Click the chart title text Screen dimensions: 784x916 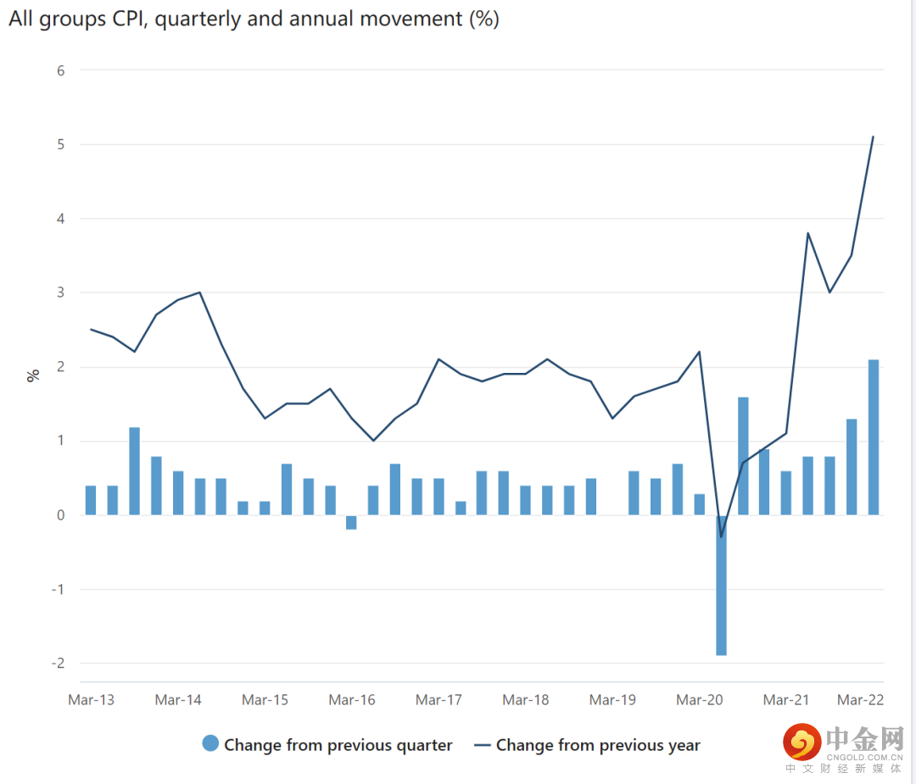pos(254,19)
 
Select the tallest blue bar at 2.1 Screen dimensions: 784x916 pos(873,436)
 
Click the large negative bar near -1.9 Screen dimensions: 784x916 pos(721,585)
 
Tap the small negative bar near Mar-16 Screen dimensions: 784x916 pos(351,522)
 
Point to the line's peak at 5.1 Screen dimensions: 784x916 pos(873,137)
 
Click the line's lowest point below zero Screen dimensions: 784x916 pos(721,537)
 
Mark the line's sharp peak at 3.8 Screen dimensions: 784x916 pos(808,233)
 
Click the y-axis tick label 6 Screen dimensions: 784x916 pos(61,70)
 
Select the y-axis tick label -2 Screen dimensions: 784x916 pos(58,664)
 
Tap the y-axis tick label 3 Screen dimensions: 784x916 pos(61,292)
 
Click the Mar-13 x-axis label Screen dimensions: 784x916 pos(91,700)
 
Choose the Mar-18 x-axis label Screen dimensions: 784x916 pos(525,700)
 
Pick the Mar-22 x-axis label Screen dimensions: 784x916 pos(861,700)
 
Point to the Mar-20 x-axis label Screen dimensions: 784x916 pos(700,700)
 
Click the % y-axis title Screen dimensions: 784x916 pos(33,374)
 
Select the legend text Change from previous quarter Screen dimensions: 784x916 pos(338,746)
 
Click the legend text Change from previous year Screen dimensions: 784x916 pos(598,746)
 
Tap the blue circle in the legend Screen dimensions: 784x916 pos(210,744)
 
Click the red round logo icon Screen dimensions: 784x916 pos(801,742)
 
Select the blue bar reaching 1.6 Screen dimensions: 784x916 pos(743,456)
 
